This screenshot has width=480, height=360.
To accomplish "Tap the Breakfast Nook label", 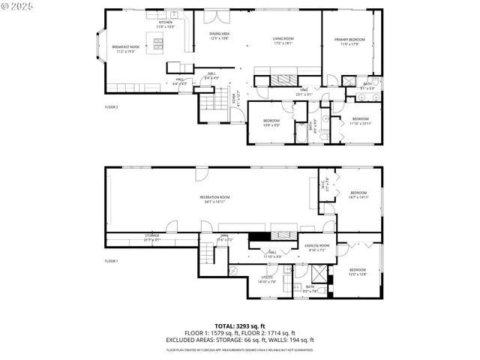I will coord(126,48).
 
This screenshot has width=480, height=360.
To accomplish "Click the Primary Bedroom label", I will coord(350,41).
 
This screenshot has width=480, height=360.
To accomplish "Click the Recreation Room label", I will coord(214,199).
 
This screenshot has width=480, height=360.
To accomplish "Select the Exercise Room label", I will coord(317,247).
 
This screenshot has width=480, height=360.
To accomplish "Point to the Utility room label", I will coord(268,279).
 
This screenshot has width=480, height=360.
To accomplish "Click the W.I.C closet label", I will coord(325,187).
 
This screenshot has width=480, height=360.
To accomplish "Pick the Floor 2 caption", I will coord(112,107).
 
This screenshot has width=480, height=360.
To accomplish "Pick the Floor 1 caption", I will coord(112,260).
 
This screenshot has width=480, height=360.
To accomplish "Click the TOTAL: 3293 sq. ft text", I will coord(239,326).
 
